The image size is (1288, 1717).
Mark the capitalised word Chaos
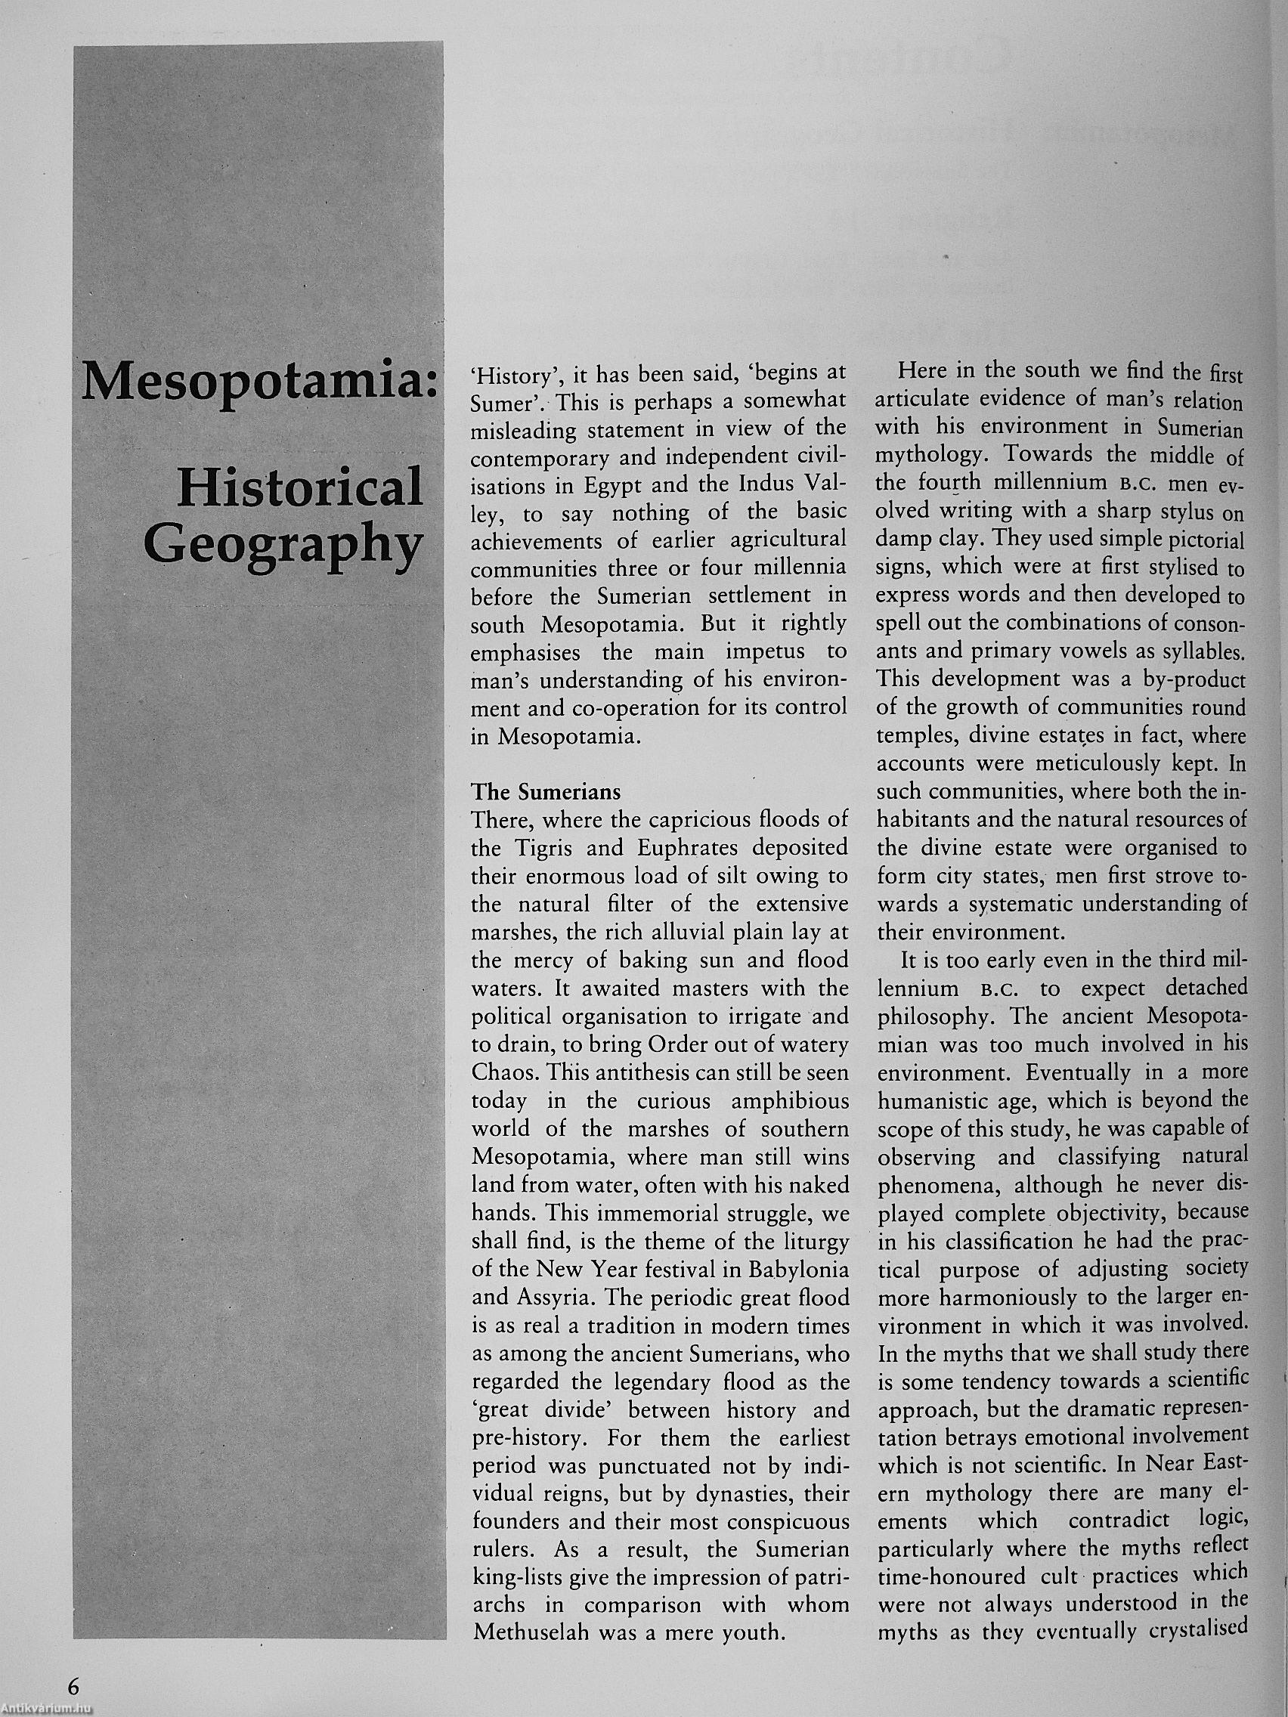coord(504,1072)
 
